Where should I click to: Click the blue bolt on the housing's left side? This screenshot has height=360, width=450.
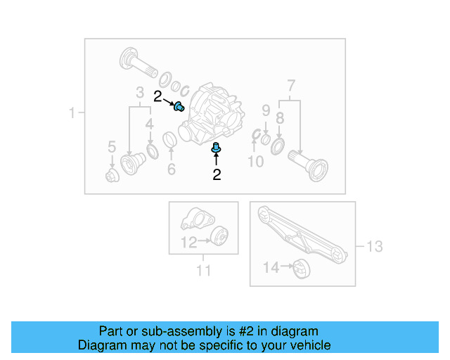(179, 107)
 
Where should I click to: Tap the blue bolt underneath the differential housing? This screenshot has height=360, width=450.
(216, 148)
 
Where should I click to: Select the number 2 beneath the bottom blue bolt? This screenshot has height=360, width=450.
(217, 174)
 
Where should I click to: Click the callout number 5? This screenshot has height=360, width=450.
(111, 146)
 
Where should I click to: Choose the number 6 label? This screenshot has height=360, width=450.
(171, 169)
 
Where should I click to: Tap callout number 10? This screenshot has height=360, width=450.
(255, 162)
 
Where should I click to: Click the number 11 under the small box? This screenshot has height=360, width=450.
(203, 270)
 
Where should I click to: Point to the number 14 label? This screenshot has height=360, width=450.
(271, 267)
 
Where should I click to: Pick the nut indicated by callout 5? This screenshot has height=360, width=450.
(111, 175)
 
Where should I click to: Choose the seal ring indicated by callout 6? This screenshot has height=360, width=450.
(170, 140)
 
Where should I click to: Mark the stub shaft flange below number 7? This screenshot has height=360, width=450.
(314, 168)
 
